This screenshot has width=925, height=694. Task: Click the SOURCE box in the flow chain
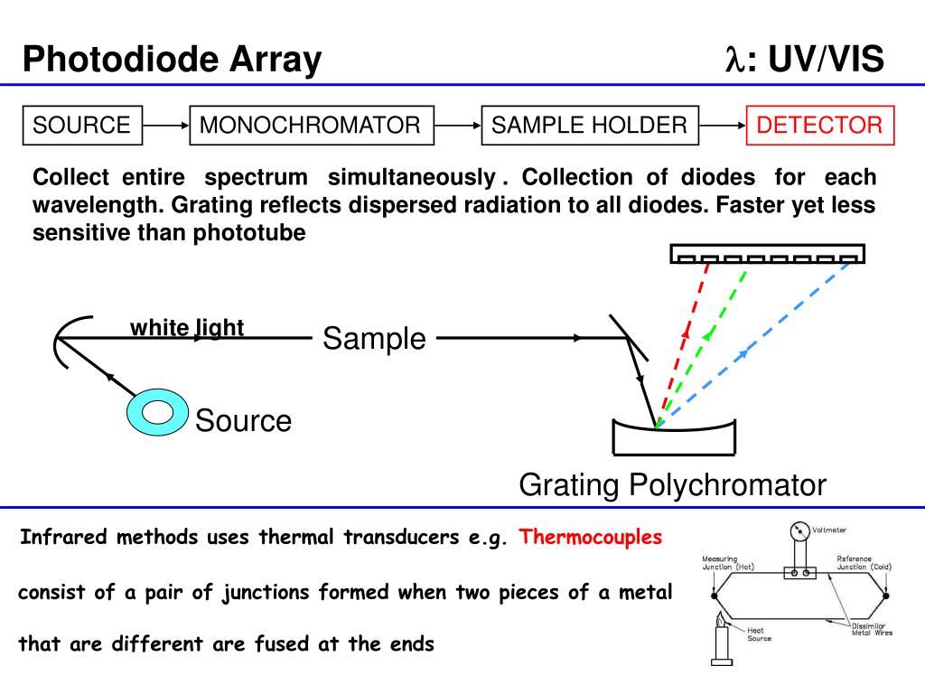(81, 125)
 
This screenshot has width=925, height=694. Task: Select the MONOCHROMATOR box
(311, 125)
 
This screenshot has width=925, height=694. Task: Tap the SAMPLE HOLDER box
(590, 125)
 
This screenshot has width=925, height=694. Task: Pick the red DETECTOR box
(819, 125)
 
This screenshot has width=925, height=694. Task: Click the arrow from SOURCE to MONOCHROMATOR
(166, 125)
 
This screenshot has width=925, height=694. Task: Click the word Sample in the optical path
(374, 339)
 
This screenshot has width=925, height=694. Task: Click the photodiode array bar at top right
(767, 253)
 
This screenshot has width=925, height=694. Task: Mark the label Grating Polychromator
(672, 485)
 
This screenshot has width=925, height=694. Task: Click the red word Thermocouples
(591, 538)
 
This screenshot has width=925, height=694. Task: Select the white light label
(187, 327)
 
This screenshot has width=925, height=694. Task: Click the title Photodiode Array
(172, 61)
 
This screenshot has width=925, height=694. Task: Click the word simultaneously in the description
(411, 177)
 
